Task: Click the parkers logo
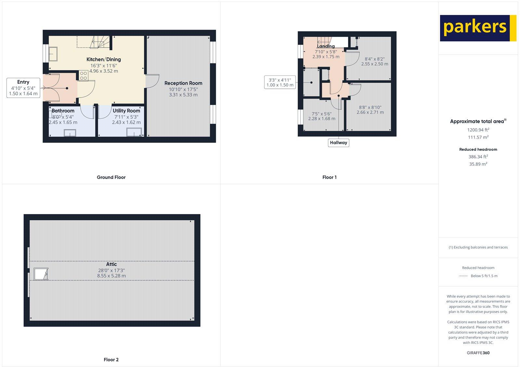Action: tap(478, 28)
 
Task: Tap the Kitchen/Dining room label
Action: tap(103, 59)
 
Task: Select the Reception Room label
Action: tap(183, 83)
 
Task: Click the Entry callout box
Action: tap(23, 88)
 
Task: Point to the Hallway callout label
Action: tap(338, 143)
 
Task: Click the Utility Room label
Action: tap(126, 111)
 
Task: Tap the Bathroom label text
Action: tap(63, 111)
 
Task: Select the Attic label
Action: tap(111, 264)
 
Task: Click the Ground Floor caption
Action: tap(111, 177)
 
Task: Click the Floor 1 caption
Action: tap(329, 177)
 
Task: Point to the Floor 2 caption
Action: tap(111, 360)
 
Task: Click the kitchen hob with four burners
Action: tap(83, 76)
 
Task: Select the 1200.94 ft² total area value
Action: tap(478, 130)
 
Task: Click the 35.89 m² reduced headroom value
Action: tap(478, 164)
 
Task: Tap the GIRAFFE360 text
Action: tap(478, 353)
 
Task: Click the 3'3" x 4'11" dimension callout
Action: tap(280, 82)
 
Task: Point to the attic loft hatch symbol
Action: tap(41, 274)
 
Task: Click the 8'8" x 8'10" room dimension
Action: tap(370, 107)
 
